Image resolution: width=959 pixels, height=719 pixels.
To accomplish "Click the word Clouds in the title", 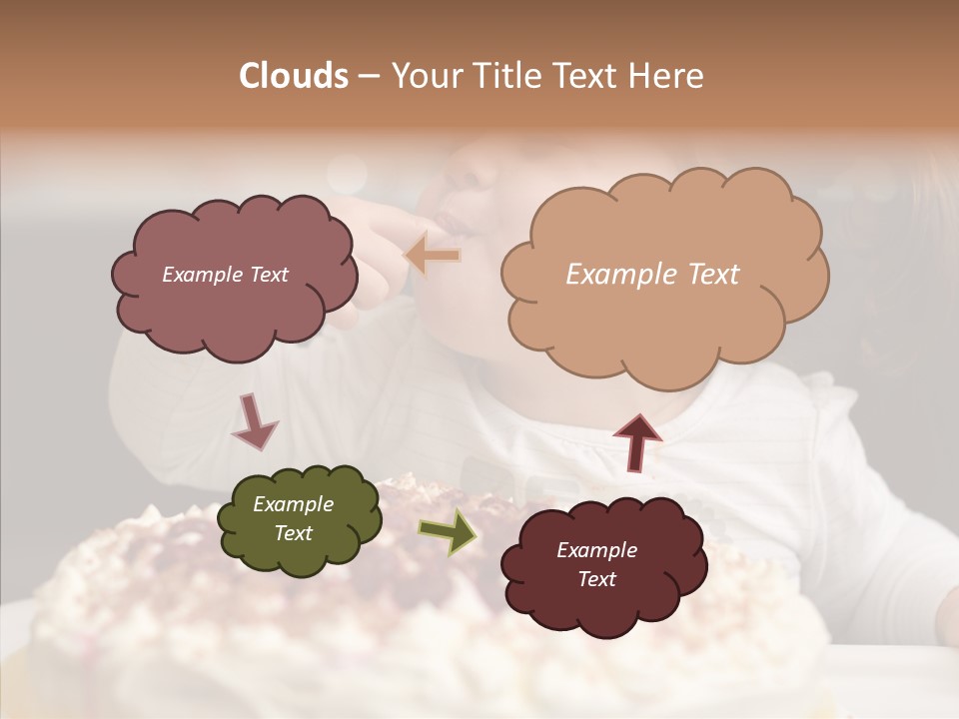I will pyautogui.click(x=294, y=76).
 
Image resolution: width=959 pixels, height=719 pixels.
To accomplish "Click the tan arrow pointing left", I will pyautogui.click(x=433, y=255).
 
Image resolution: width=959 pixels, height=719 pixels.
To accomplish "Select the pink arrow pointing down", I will pyautogui.click(x=255, y=421).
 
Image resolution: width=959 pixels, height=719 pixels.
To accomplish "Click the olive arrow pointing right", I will pyautogui.click(x=448, y=532).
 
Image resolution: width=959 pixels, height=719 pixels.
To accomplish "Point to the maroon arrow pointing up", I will pyautogui.click(x=637, y=441).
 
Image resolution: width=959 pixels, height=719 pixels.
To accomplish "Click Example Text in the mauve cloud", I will pyautogui.click(x=225, y=275).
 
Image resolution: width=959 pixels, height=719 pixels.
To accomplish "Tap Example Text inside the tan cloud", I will pyautogui.click(x=652, y=275).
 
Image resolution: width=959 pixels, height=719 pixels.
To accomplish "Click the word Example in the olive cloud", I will pyautogui.click(x=293, y=504).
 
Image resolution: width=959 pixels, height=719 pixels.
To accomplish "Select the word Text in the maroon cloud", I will pyautogui.click(x=596, y=579).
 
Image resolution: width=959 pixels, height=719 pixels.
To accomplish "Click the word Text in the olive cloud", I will pyautogui.click(x=293, y=533).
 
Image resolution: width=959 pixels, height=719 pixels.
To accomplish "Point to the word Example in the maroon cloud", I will pyautogui.click(x=596, y=550).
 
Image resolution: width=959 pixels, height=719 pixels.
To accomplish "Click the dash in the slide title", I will pyautogui.click(x=369, y=76).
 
